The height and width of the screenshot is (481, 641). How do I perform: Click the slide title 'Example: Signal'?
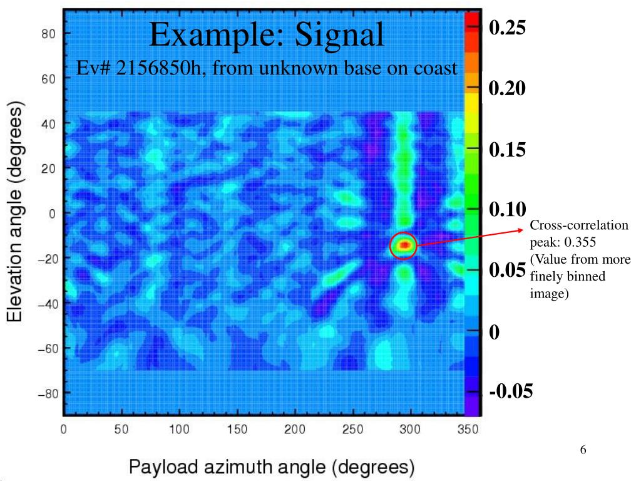coord(267,34)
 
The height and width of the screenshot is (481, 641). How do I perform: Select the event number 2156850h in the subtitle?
coord(154,68)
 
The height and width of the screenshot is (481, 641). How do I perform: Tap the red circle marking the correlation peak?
coord(404,245)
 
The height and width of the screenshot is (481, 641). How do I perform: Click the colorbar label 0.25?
coord(508,28)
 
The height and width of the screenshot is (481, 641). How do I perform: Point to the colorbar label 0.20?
coord(508,88)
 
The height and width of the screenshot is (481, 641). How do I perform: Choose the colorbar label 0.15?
coord(508,149)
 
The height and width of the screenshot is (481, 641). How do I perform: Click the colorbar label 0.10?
coord(508,209)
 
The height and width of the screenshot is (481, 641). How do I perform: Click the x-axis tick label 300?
coord(409,430)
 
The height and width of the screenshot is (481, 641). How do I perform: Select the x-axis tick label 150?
coord(237,430)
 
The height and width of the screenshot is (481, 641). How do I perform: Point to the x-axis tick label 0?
coord(64,430)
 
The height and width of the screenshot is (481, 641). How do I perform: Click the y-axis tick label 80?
coord(48,34)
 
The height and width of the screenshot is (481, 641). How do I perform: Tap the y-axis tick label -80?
coord(46,393)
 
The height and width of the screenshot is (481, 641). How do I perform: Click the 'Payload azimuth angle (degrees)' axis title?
coord(272,466)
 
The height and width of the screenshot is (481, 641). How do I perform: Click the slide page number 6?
coord(583,450)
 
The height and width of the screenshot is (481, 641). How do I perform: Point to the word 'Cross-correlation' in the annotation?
coord(579,225)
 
